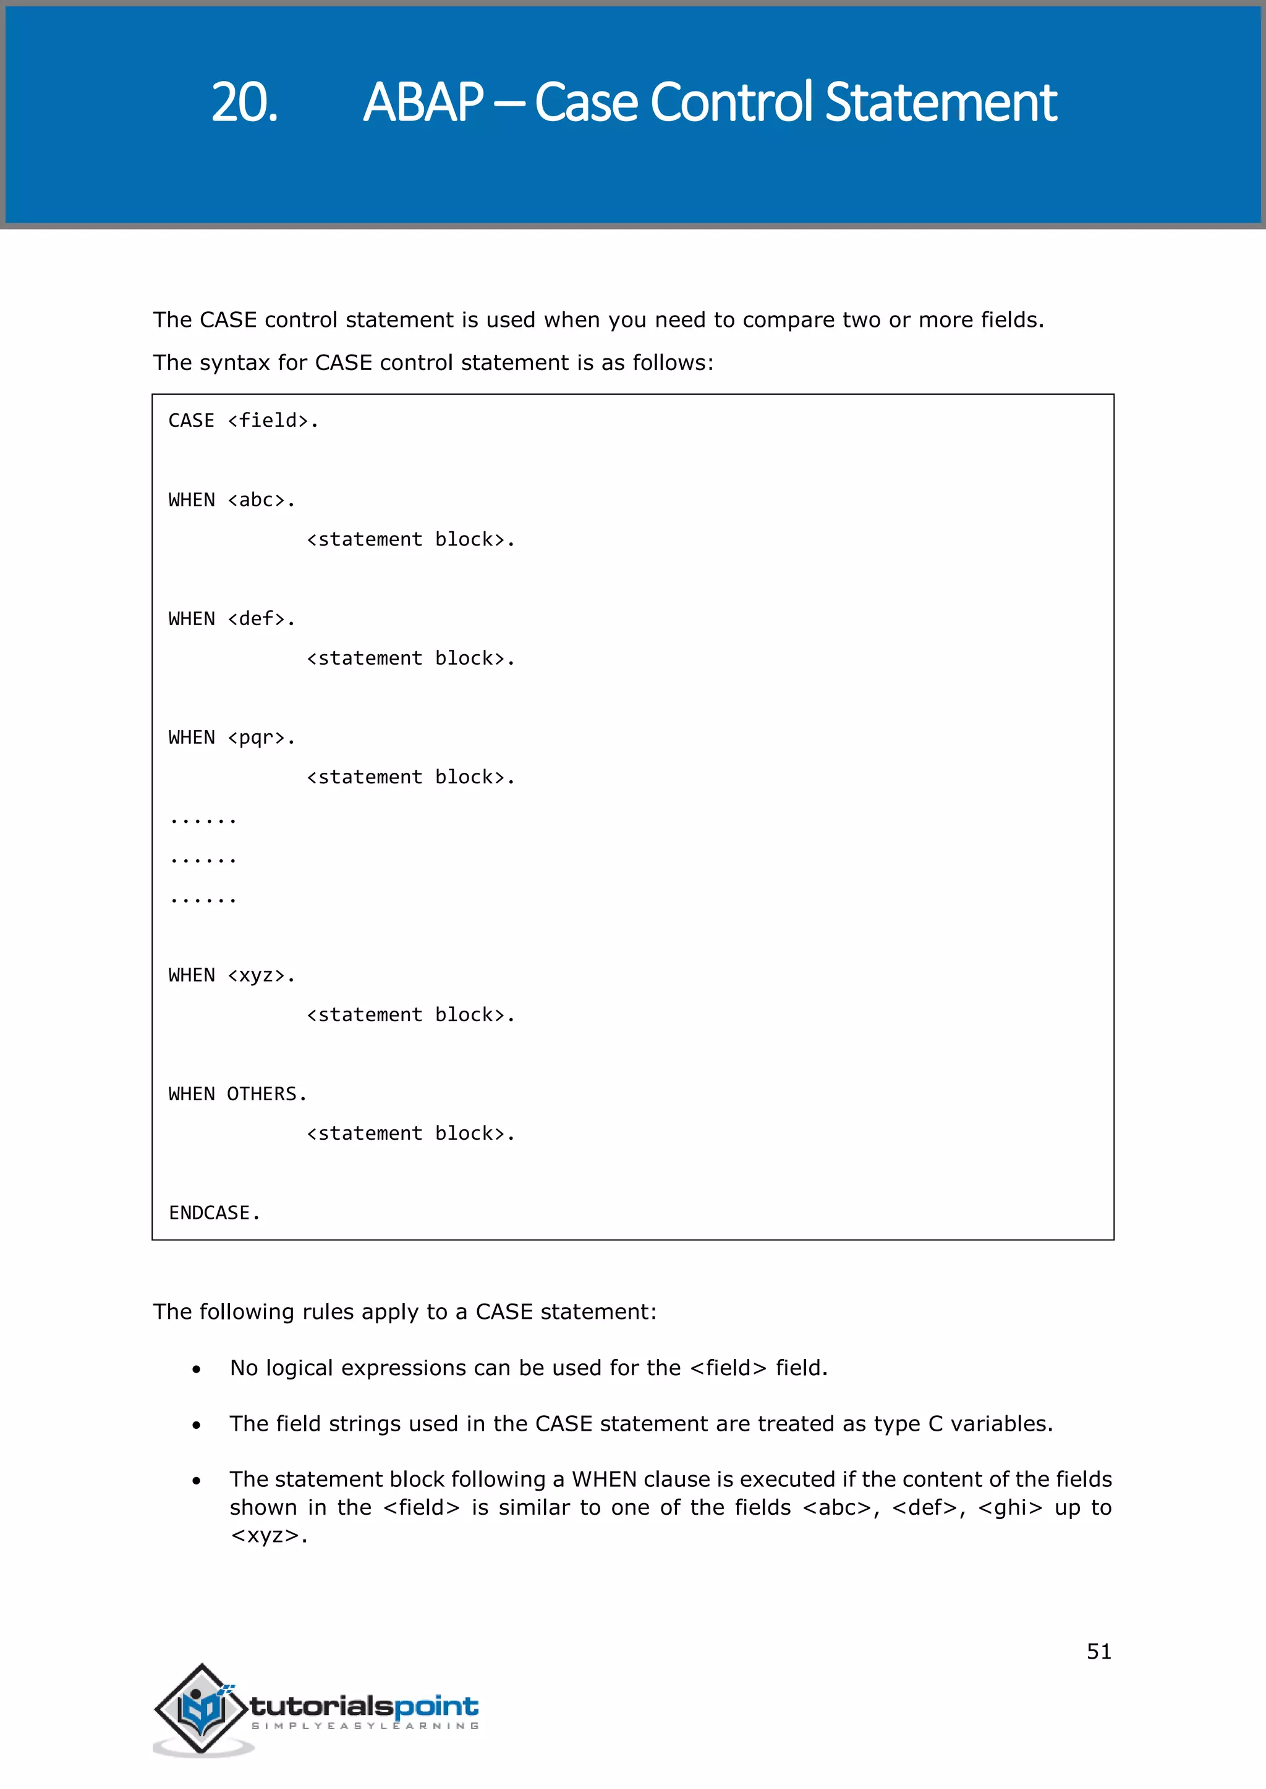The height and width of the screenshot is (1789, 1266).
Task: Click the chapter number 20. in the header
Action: click(x=244, y=102)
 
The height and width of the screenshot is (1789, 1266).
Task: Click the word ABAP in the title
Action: click(x=423, y=102)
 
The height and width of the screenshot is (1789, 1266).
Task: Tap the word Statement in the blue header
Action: click(x=940, y=102)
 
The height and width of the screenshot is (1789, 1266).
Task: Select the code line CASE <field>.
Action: click(x=243, y=421)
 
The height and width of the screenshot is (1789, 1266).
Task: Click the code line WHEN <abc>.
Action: click(x=232, y=500)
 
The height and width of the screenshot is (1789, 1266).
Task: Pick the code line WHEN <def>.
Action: click(x=232, y=618)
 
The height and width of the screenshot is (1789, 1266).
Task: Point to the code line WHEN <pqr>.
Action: click(x=232, y=738)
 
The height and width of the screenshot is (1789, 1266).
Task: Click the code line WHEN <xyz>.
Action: click(x=232, y=975)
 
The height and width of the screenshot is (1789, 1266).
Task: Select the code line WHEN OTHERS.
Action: click(x=238, y=1094)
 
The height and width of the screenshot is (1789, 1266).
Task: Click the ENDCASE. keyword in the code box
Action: click(x=215, y=1213)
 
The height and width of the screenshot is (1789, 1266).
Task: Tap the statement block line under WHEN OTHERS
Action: click(x=411, y=1134)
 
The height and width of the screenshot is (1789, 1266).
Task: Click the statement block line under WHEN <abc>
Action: click(x=411, y=540)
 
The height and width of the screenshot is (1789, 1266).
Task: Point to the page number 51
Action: click(x=1098, y=1651)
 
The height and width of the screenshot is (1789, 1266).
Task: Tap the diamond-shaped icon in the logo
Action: click(x=202, y=1708)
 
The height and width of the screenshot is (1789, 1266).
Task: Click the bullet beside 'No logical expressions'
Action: click(x=197, y=1369)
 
